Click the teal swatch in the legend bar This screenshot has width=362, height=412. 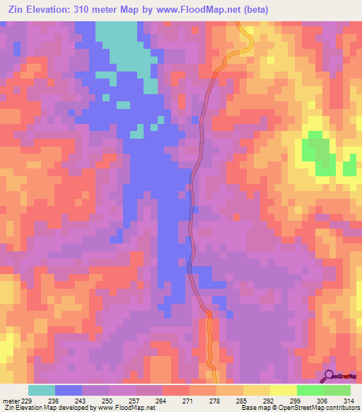click(x=42, y=390)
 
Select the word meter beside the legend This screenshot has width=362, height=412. click(x=10, y=401)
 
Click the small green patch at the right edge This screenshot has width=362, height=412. click(x=349, y=168)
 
